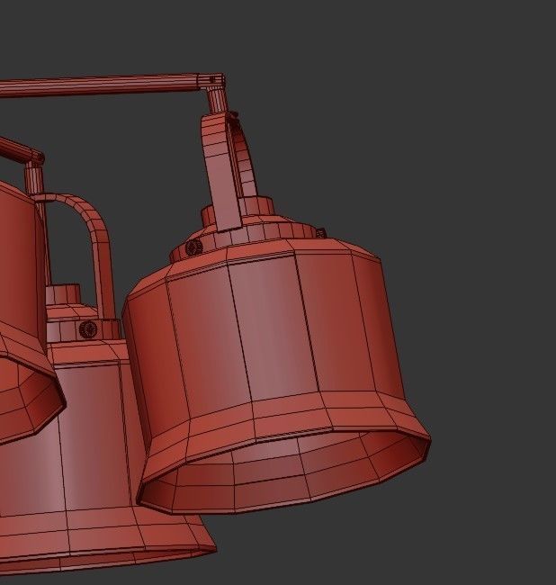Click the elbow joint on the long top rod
tap(213, 82)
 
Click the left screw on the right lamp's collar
tap(193, 247)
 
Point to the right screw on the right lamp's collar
tap(319, 232)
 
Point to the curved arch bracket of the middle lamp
tap(94, 234)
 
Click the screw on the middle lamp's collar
tap(87, 329)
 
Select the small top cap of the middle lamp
tap(63, 295)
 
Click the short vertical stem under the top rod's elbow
tap(216, 102)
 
